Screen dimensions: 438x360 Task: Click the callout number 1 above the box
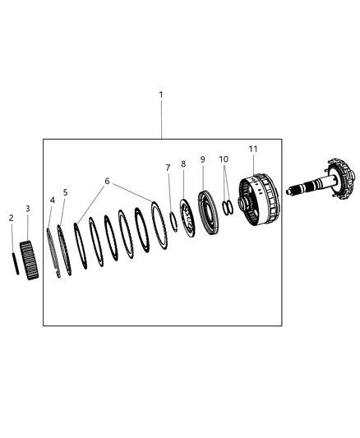pyautogui.click(x=161, y=95)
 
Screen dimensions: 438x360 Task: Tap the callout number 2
pyautogui.click(x=12, y=218)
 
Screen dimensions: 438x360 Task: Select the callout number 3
pyautogui.click(x=27, y=209)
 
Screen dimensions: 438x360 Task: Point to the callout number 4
pyautogui.click(x=52, y=200)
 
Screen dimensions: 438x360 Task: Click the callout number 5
pyautogui.click(x=65, y=192)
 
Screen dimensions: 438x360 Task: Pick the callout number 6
pyautogui.click(x=106, y=181)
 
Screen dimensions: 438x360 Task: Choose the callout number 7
pyautogui.click(x=168, y=168)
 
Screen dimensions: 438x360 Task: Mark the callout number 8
pyautogui.click(x=183, y=164)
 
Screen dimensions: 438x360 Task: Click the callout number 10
pyautogui.click(x=224, y=158)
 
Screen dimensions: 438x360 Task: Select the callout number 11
pyautogui.click(x=253, y=148)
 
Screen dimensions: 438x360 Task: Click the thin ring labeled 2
pyautogui.click(x=14, y=265)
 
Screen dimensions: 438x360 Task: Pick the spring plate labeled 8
pyautogui.click(x=187, y=216)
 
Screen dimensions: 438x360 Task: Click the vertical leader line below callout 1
pyautogui.click(x=161, y=119)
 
